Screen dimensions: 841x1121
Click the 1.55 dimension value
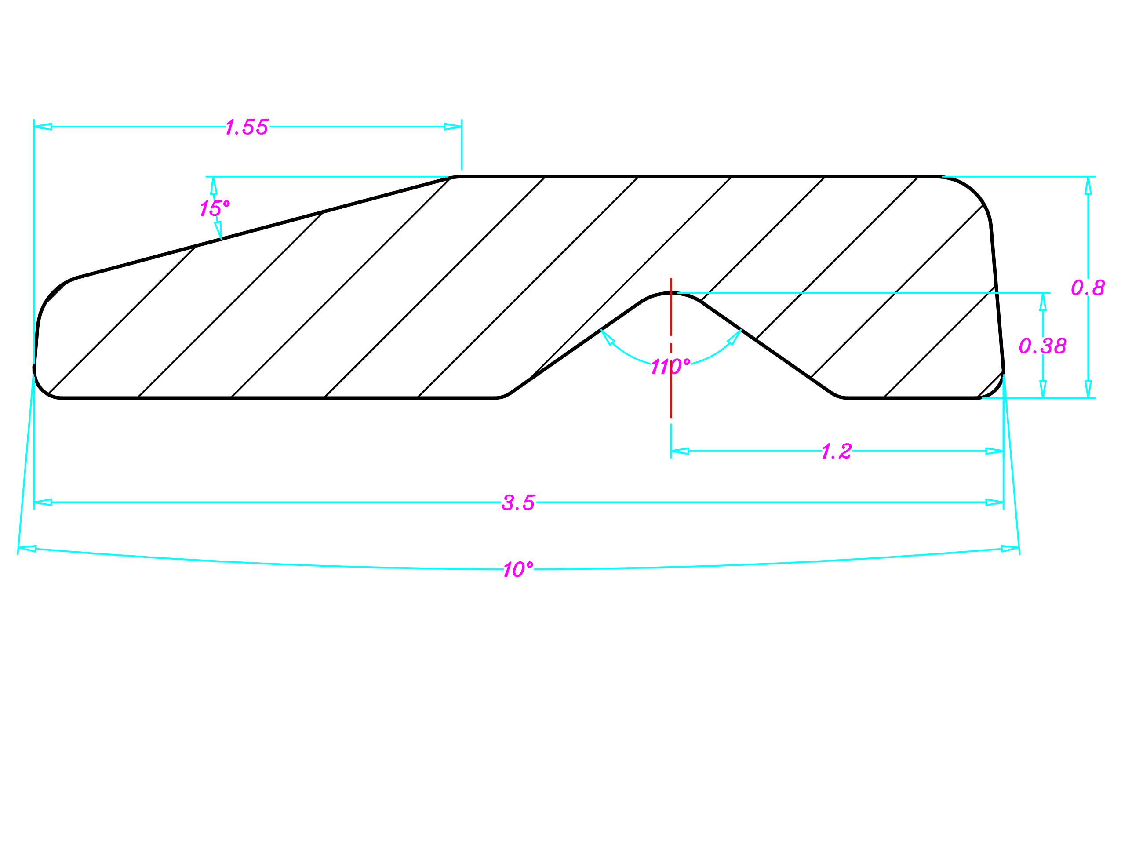pos(247,127)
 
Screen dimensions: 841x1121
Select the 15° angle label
pos(215,208)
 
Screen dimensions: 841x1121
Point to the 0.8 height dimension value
pos(1088,288)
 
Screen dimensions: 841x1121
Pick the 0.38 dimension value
pos(1042,346)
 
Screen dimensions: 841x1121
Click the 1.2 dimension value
pos(837,451)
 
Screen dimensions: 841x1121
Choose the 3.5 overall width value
pos(518,502)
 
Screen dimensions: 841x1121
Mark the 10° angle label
pos(518,569)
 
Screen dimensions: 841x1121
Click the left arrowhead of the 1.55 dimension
pos(43,127)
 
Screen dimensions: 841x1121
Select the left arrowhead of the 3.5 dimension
pos(43,502)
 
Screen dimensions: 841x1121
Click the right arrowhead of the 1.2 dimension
pos(994,451)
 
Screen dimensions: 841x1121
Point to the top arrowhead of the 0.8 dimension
pos(1088,186)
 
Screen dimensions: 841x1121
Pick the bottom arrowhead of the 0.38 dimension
pos(1043,389)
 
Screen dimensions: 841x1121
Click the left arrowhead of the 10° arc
pos(27,549)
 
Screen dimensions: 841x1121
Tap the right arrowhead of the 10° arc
pos(1010,549)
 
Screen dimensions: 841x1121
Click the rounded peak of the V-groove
pos(671,294)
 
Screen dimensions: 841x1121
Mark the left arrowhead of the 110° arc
pos(607,337)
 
